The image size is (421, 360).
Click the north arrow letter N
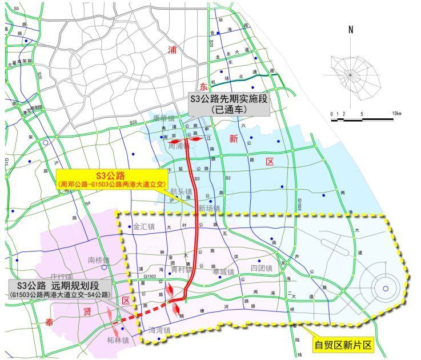(351, 30)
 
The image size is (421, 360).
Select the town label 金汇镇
(144, 227)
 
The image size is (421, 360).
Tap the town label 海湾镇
(160, 330)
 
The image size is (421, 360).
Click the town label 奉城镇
(223, 271)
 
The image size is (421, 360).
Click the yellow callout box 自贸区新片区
(343, 345)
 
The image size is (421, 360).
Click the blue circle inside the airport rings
(386, 288)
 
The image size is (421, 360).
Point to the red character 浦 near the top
(172, 50)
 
